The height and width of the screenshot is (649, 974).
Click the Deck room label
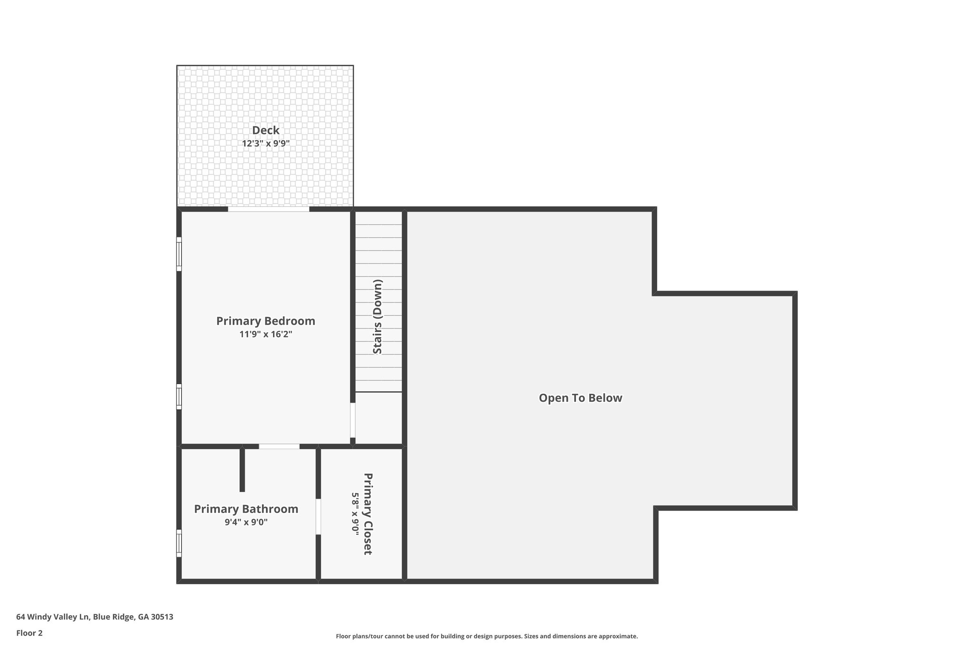pos(265,130)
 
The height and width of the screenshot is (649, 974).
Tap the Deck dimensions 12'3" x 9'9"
pos(265,143)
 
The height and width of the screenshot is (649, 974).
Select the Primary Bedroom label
pos(265,321)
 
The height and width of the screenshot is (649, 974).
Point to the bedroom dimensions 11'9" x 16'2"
pos(265,334)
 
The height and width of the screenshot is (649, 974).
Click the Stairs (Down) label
pos(378,317)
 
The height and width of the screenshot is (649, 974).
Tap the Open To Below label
pos(580,398)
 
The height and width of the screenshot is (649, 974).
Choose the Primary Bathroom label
pos(246,509)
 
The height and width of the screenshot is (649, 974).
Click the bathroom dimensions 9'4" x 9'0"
pos(246,522)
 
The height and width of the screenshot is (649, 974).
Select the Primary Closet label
pos(368,513)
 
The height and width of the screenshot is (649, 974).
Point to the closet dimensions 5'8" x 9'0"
pos(355,513)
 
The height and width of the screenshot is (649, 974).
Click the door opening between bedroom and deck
pos(268,209)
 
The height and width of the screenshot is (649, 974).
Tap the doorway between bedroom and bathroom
pos(279,446)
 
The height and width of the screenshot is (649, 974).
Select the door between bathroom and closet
pos(318,516)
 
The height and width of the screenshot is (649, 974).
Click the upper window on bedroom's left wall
pos(179,254)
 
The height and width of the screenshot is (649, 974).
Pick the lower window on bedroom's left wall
pos(179,397)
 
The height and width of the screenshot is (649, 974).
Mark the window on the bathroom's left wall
pos(179,543)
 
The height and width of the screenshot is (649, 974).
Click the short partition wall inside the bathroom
pos(242,469)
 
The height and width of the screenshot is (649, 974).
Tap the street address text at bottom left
pos(95,617)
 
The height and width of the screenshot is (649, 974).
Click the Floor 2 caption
pos(29,633)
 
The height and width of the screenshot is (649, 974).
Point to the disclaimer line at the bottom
pos(487,636)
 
